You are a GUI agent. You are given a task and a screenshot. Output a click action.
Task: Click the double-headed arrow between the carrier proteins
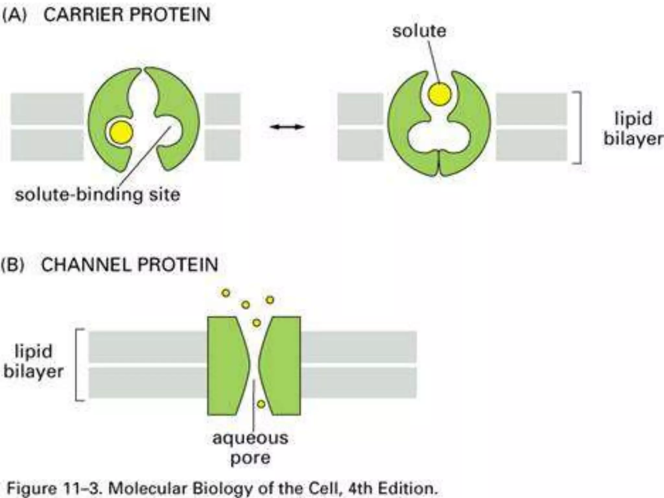tap(287, 127)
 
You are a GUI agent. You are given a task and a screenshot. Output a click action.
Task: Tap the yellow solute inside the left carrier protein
tap(121, 132)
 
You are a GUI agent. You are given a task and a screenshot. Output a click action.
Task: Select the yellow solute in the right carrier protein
tap(439, 94)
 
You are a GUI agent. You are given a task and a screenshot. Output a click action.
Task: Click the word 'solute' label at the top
tap(419, 31)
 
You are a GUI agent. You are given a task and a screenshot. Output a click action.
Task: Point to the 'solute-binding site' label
tap(97, 195)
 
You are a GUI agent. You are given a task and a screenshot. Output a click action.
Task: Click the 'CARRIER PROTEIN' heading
tap(127, 15)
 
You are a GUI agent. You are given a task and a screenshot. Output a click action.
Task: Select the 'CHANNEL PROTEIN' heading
tap(129, 265)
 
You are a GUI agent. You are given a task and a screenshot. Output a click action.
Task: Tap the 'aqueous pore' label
tap(250, 447)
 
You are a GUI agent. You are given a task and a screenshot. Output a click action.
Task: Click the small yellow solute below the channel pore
tap(261, 404)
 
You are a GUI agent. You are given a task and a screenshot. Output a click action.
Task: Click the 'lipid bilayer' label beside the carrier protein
tap(632, 129)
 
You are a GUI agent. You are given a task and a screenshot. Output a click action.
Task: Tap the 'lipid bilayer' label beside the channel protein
tap(33, 361)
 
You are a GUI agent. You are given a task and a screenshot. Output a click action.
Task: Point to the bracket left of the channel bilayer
tap(78, 365)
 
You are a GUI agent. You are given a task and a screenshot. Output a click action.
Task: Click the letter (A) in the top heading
tap(14, 15)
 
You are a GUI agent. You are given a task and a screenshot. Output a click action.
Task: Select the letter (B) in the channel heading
tap(13, 265)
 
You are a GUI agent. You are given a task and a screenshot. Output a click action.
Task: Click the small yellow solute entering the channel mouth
tap(256, 323)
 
